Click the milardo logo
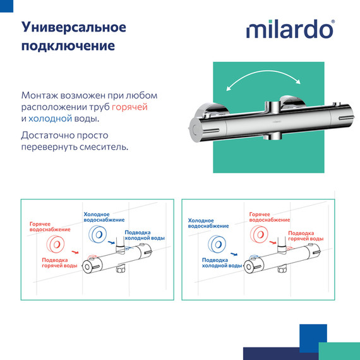tap(290, 29)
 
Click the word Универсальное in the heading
tap(74, 28)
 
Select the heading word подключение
tap(68, 47)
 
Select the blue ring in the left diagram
tap(99, 234)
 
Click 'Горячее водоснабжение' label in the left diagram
tap(47, 227)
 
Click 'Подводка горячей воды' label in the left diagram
tap(60, 263)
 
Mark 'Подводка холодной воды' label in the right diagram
tap(222, 263)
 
